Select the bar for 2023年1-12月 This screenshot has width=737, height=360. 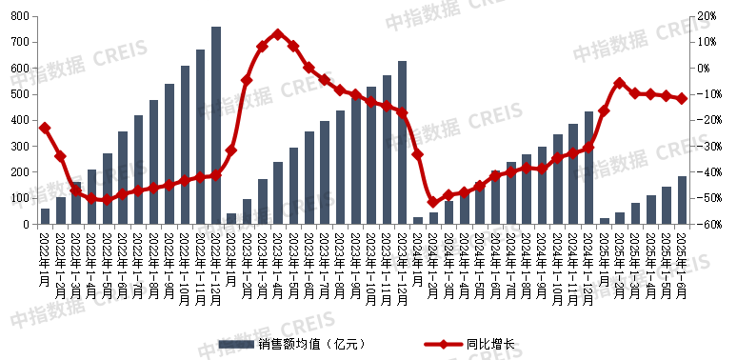tap(402, 143)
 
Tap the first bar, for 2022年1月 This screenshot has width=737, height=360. tap(45, 216)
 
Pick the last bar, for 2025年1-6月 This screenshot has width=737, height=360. tap(682, 200)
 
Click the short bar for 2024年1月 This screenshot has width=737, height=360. tap(418, 221)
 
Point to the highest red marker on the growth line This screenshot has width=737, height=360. tap(277, 34)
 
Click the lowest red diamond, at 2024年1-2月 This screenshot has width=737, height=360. tap(433, 202)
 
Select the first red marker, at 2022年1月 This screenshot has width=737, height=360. tap(45, 128)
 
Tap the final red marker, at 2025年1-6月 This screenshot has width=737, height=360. tap(682, 98)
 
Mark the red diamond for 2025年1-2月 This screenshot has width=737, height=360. tap(620, 83)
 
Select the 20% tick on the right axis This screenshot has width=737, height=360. tap(706, 16)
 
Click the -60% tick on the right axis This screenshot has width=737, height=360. tap(706, 225)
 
